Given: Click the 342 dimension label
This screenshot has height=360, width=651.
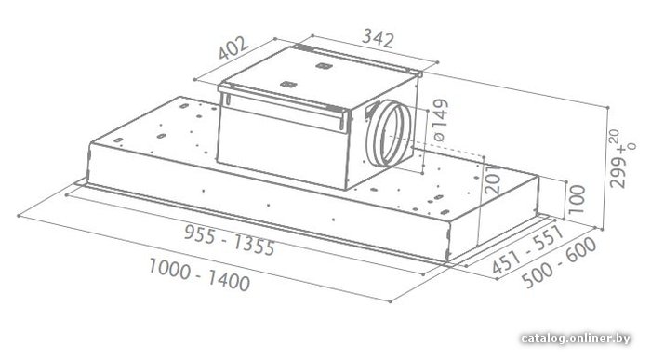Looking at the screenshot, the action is (x=378, y=39).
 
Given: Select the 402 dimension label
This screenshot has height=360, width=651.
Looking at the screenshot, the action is (x=233, y=47).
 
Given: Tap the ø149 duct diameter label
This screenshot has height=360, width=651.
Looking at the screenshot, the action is (x=439, y=120).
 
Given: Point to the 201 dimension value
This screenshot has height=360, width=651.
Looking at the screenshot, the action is (x=493, y=179).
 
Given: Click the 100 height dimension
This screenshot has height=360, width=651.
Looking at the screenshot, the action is (x=576, y=199).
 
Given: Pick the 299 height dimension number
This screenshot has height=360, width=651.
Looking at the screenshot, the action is (x=618, y=172).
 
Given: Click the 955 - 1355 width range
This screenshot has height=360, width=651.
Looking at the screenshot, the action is (x=229, y=240).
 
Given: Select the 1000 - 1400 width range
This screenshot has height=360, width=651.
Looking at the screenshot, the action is (x=199, y=274).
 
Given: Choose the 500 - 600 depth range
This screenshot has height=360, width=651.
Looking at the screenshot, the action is (x=559, y=263).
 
